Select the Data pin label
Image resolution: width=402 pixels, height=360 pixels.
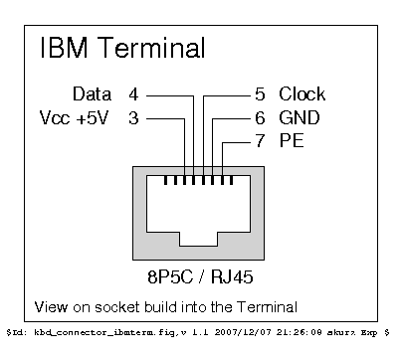pyautogui.click(x=93, y=95)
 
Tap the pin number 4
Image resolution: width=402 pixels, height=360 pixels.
pyautogui.click(x=133, y=95)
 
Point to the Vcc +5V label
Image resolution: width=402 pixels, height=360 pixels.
pyautogui.click(x=73, y=119)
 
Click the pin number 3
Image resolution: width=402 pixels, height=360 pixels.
pyautogui.click(x=133, y=119)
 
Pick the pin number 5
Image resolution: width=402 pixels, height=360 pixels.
pyautogui.click(x=260, y=95)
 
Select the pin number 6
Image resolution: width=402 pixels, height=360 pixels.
pyautogui.click(x=260, y=119)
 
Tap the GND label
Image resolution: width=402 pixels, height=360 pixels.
pyautogui.click(x=300, y=119)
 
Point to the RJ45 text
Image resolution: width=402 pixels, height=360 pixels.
pyautogui.click(x=230, y=272)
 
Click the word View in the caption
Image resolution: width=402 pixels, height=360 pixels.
pyautogui.click(x=50, y=304)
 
